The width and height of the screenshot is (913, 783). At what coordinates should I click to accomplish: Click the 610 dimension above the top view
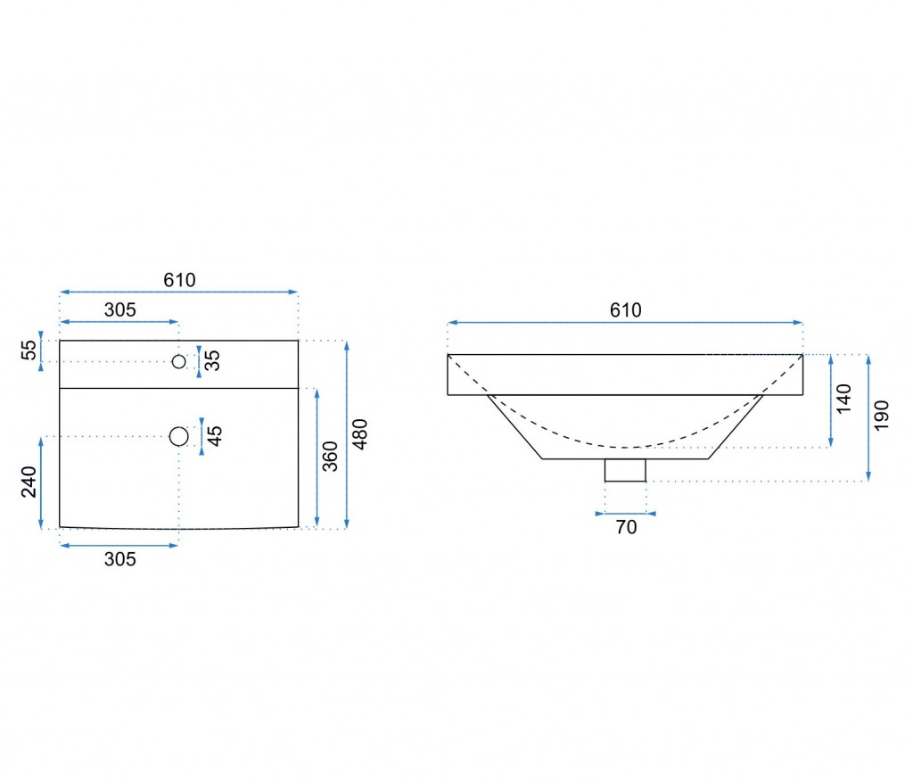pos(179,280)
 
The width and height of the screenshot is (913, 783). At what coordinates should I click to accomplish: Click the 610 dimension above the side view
pos(625,310)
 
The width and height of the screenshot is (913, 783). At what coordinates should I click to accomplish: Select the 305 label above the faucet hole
pos(120,310)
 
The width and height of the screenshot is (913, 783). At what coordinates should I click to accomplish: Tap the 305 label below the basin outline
pos(120,559)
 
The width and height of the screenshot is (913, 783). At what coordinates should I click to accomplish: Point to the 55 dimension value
pos(29,350)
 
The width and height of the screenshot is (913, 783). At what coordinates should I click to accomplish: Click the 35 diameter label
pos(212,360)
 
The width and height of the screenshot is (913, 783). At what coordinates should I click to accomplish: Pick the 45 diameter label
pos(215,436)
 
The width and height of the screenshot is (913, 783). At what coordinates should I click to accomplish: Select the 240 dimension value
pos(29,482)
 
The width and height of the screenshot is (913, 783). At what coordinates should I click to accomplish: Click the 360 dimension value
pos(330,457)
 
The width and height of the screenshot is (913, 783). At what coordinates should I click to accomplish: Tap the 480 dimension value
pos(360,434)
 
